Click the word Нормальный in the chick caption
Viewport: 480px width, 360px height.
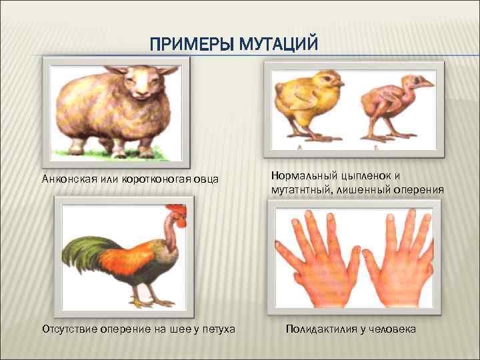click(303, 176)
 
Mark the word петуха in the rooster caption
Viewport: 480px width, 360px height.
click(217, 329)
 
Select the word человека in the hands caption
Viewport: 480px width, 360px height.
click(393, 329)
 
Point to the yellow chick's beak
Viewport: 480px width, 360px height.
click(341, 85)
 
